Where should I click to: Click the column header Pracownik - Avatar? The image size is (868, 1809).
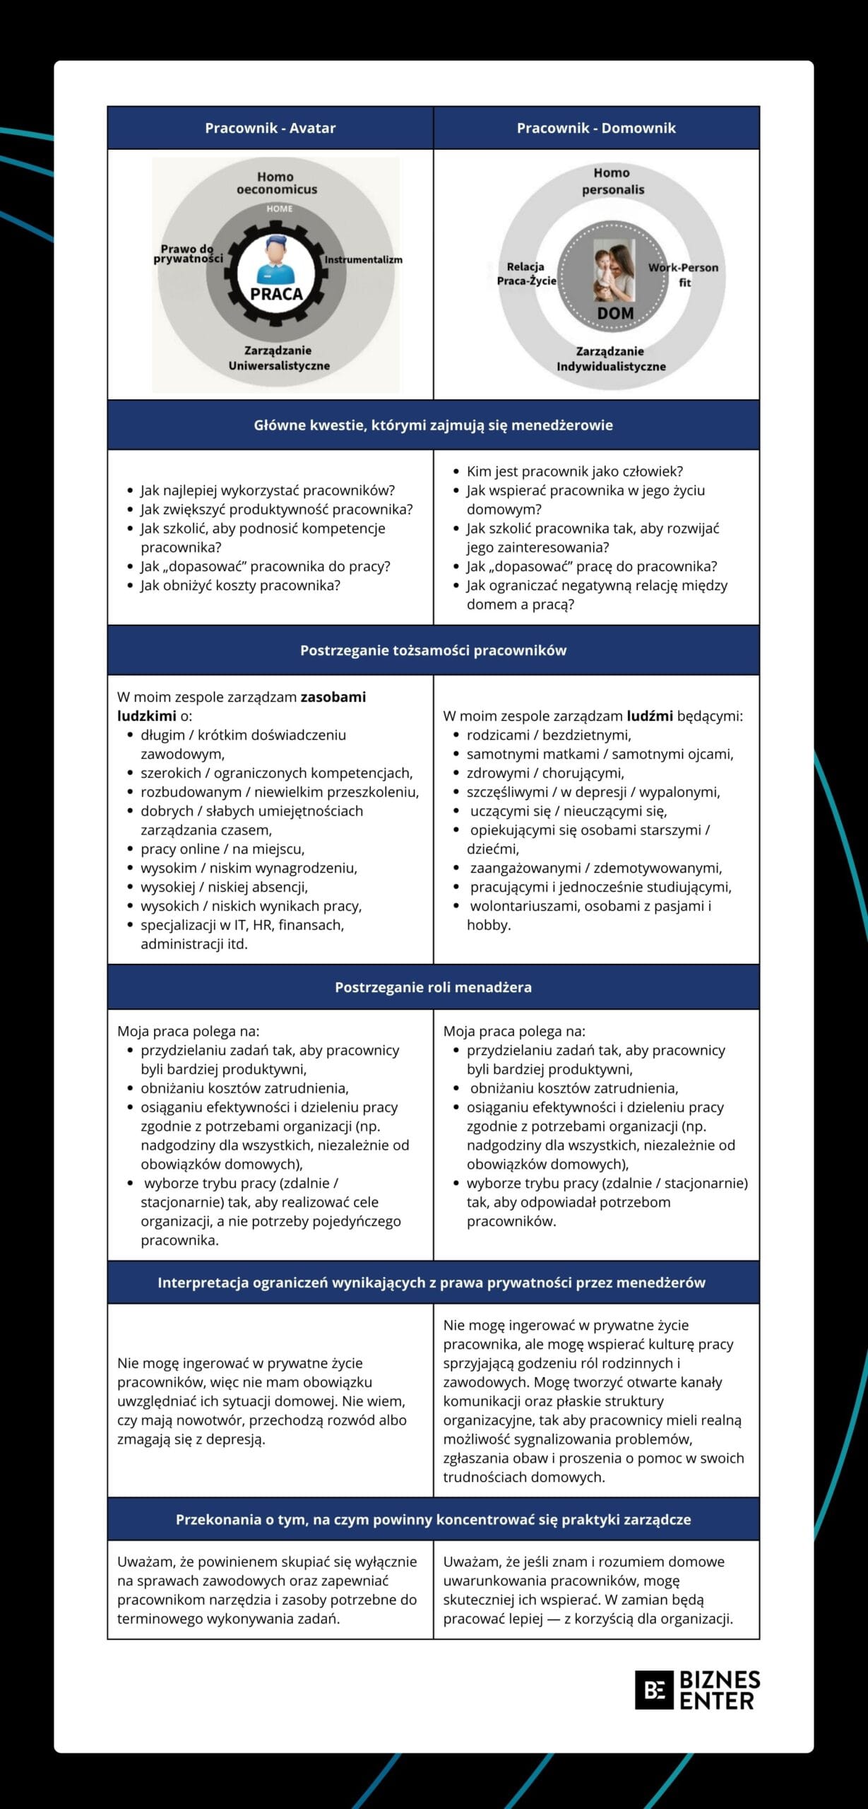click(x=270, y=128)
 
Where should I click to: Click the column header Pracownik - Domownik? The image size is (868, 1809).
click(x=596, y=128)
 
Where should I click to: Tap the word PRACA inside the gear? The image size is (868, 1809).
click(x=276, y=294)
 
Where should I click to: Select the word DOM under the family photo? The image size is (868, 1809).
click(x=615, y=313)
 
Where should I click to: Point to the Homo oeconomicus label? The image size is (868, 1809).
click(x=276, y=183)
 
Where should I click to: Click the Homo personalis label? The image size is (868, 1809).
click(x=612, y=181)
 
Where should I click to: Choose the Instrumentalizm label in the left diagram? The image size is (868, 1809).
click(x=363, y=259)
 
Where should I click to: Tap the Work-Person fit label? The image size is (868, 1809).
click(x=683, y=274)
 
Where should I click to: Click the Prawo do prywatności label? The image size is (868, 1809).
click(x=188, y=254)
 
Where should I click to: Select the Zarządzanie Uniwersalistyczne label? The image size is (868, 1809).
click(x=279, y=358)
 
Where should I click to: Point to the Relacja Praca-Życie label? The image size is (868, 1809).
click(x=526, y=273)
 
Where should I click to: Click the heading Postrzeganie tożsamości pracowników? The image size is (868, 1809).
click(x=433, y=650)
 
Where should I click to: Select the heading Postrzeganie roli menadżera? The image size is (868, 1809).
click(x=433, y=987)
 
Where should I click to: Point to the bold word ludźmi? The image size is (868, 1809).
click(x=650, y=716)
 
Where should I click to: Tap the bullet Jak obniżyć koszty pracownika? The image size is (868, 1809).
click(x=240, y=585)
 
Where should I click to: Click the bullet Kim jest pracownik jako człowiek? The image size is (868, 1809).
click(x=574, y=471)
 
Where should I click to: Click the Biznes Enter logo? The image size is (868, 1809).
click(x=697, y=1690)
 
